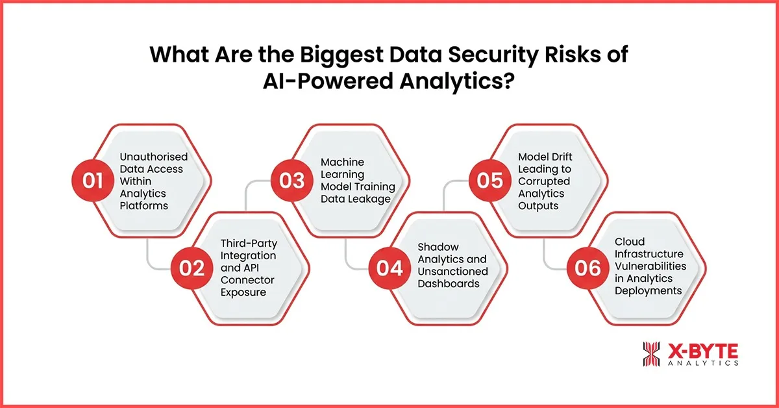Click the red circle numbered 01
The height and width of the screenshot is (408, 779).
coord(93,179)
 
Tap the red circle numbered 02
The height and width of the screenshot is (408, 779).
coord(192,268)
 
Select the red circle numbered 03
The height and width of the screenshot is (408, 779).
coord(292,179)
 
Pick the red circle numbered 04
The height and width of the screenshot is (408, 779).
coord(390,268)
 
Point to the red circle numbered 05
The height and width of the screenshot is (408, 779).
coord(489,179)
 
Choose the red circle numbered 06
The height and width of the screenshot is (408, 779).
coord(588,268)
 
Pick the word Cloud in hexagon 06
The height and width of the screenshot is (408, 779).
coord(630,242)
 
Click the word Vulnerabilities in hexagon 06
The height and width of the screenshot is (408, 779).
coord(650,267)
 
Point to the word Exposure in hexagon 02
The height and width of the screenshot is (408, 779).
coord(244,292)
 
